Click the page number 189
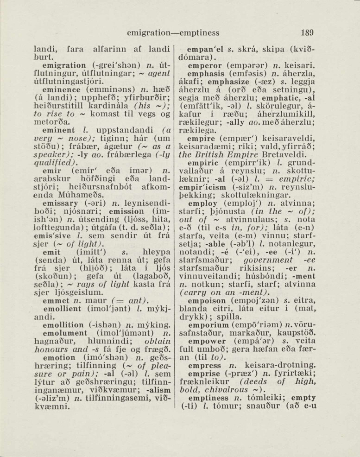(307, 33)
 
